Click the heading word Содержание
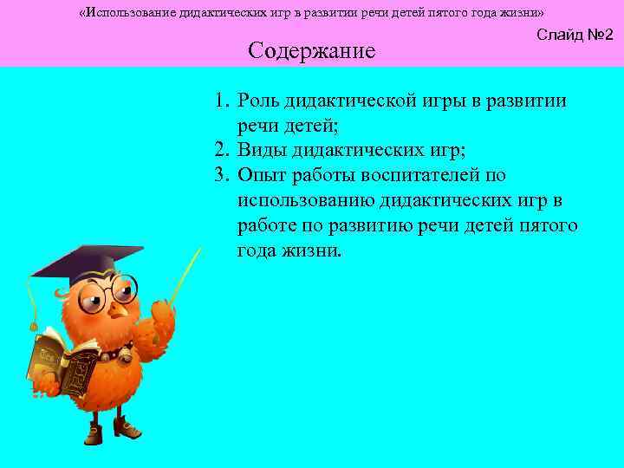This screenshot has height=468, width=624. (311, 51)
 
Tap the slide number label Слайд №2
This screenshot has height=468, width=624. (575, 36)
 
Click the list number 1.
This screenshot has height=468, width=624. (222, 101)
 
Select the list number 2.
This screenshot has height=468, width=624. (222, 152)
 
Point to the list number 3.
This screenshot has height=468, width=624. (222, 177)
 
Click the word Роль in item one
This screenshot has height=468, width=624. (261, 101)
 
